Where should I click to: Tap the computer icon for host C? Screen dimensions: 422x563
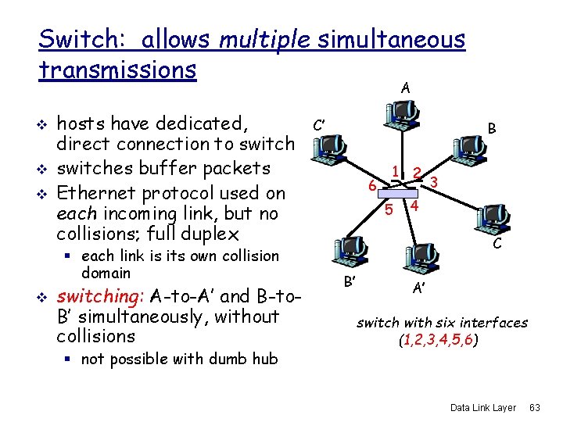492,219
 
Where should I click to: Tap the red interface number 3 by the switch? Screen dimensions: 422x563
433,182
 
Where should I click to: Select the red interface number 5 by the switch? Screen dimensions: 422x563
389,209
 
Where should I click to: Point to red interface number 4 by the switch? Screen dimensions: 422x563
415,206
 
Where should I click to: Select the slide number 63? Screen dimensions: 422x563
535,408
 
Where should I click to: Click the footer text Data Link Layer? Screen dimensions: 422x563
483,408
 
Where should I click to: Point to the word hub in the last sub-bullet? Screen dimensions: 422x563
265,359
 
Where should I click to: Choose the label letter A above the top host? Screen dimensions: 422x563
404,88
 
